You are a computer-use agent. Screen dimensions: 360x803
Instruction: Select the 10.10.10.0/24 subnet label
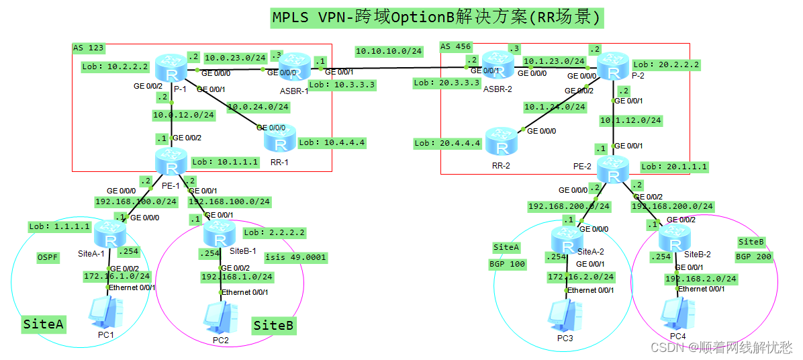tap(388, 51)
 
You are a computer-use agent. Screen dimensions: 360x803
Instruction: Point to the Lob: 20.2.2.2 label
tap(665, 64)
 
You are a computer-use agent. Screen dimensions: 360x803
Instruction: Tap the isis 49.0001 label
tap(295, 257)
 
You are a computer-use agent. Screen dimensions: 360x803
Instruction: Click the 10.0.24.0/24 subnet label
tap(258, 106)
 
